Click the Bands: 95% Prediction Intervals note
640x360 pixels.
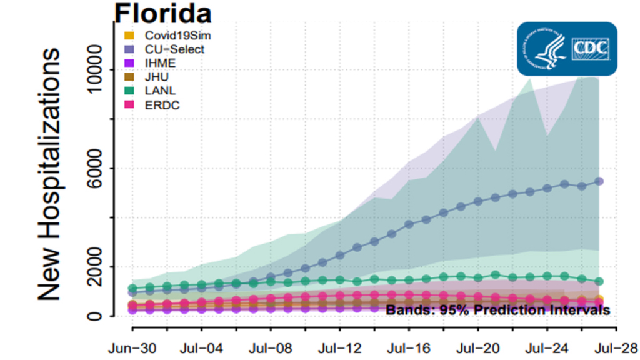click(497, 309)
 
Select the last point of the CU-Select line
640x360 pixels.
click(599, 181)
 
